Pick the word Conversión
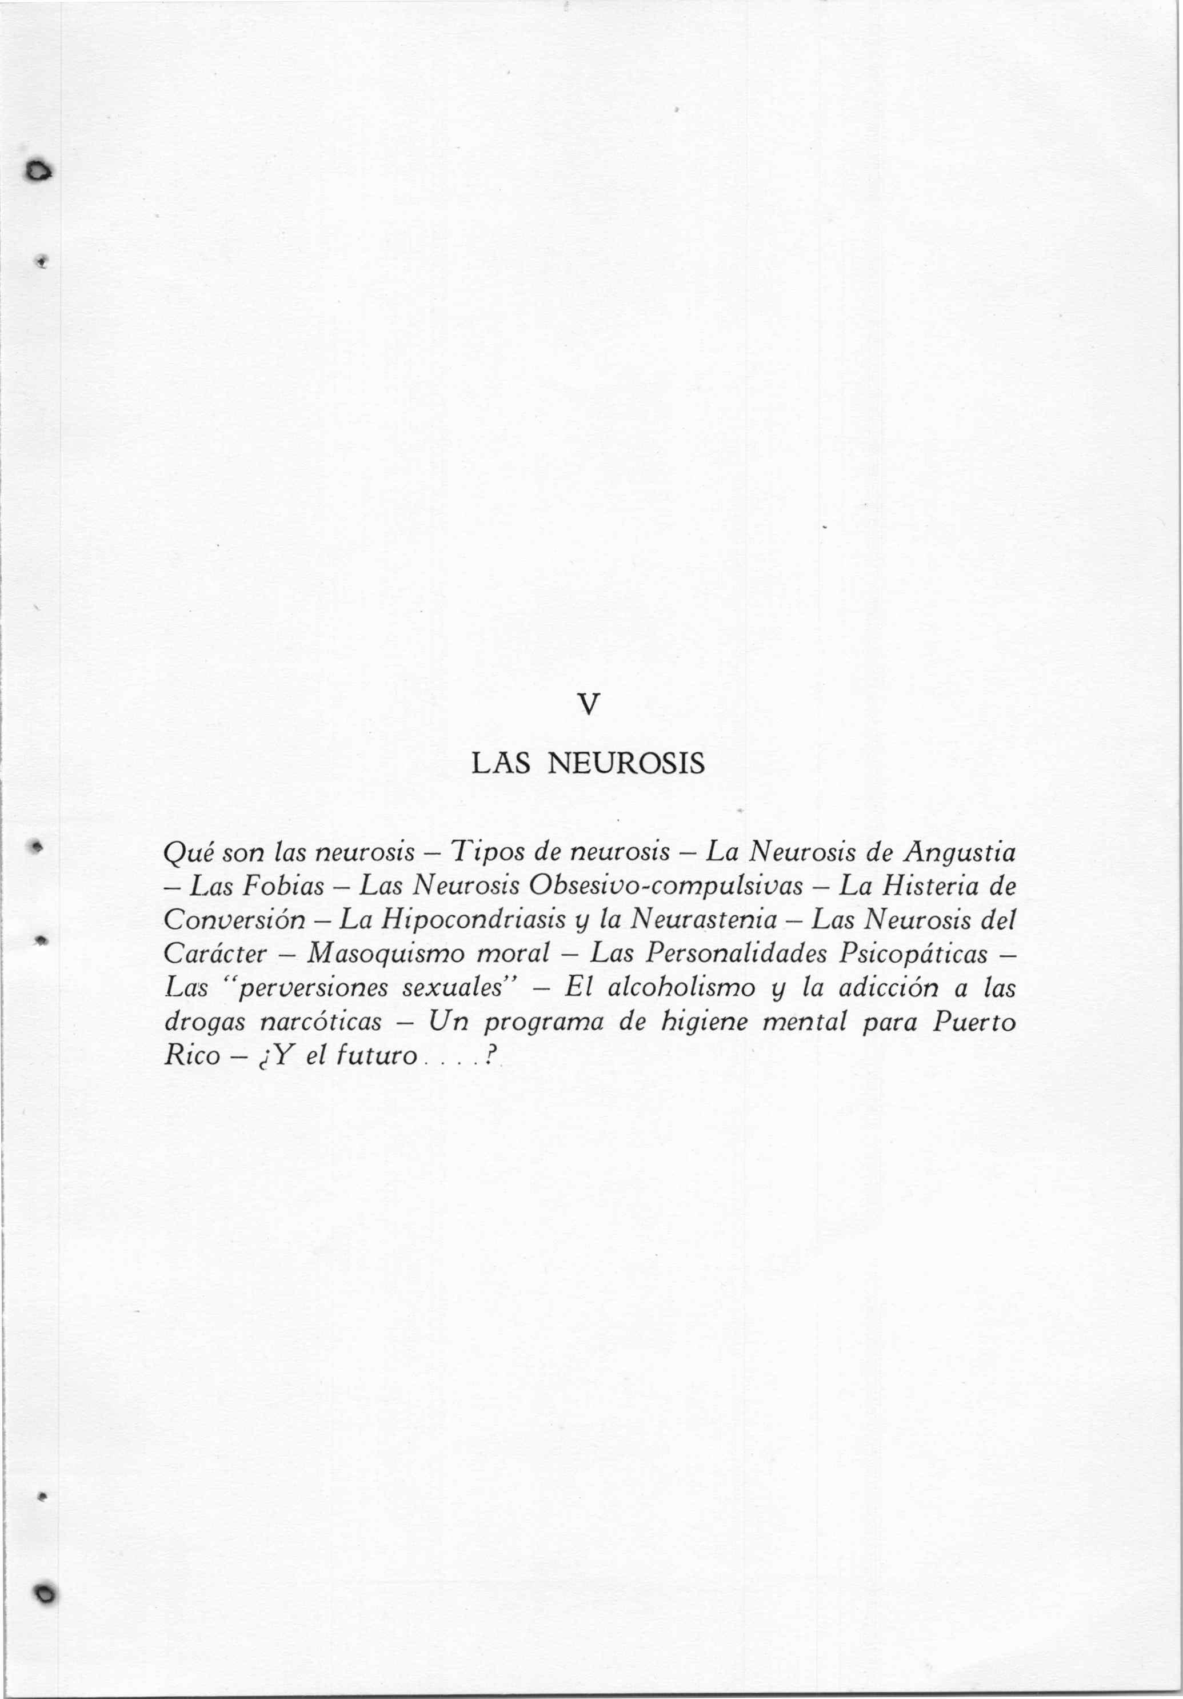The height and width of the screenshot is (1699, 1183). coord(234,920)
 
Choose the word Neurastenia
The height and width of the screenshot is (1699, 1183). coord(704,920)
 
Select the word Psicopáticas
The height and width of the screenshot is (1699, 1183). coord(913,955)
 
